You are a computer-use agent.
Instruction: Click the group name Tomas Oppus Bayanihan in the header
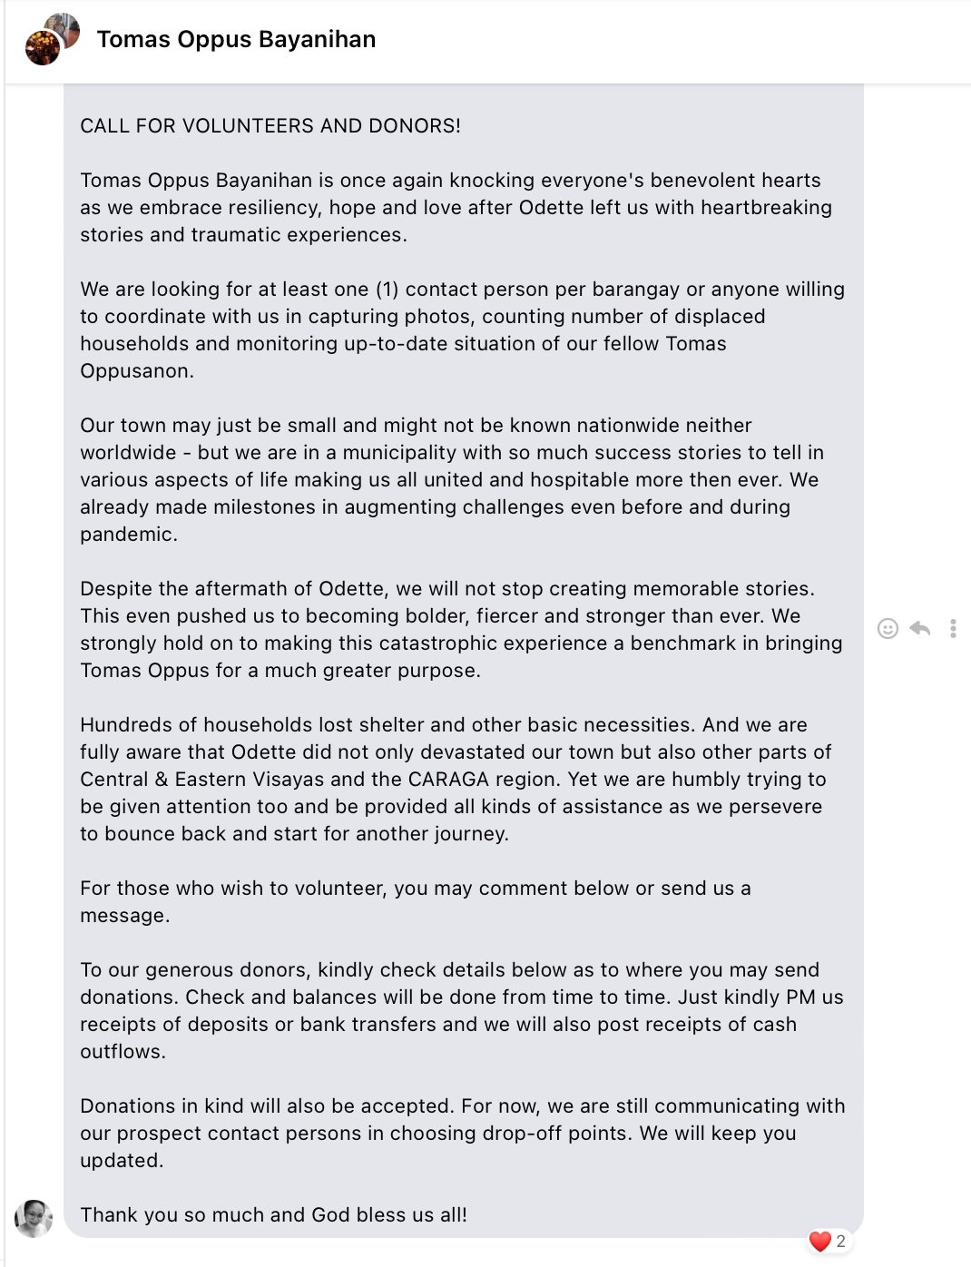pos(236,39)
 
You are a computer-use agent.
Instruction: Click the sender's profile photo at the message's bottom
pos(34,1218)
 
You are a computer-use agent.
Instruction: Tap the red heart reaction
pos(819,1241)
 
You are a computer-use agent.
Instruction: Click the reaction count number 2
pos(841,1241)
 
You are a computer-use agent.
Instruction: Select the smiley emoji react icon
pos(888,628)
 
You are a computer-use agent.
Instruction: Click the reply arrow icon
pos(920,628)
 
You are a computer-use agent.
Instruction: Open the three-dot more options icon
pos(953,628)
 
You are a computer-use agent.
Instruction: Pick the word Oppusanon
pos(136,371)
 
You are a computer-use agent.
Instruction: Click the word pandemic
pos(128,535)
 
